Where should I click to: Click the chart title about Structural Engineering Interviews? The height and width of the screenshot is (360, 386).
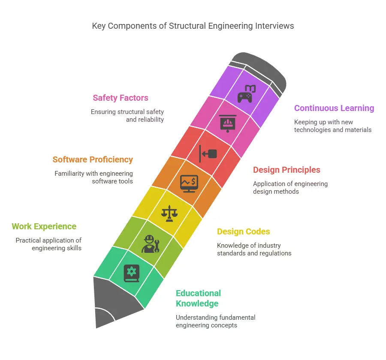pyautogui.click(x=193, y=26)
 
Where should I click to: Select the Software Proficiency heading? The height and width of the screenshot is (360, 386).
pyautogui.click(x=93, y=159)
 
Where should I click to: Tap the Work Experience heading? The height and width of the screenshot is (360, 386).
pyautogui.click(x=44, y=226)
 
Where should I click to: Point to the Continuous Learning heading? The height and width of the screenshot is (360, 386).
pyautogui.click(x=334, y=108)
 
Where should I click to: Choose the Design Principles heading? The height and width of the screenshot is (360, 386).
pyautogui.click(x=286, y=170)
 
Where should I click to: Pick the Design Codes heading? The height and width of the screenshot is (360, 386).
pyautogui.click(x=243, y=231)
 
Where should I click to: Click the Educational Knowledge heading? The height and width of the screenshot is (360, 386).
pyautogui.click(x=198, y=298)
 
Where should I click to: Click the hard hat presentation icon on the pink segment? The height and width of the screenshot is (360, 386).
pyautogui.click(x=227, y=123)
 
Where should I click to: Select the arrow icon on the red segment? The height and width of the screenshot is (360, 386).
pyautogui.click(x=208, y=153)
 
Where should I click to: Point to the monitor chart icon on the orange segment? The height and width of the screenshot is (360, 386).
pyautogui.click(x=189, y=183)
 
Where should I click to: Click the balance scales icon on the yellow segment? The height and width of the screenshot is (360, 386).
pyautogui.click(x=169, y=213)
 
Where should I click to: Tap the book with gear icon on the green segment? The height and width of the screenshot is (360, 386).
pyautogui.click(x=131, y=273)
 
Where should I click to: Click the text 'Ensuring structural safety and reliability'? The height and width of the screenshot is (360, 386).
pyautogui.click(x=127, y=116)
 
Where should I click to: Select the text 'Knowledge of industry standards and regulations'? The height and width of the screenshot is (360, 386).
pyautogui.click(x=254, y=249)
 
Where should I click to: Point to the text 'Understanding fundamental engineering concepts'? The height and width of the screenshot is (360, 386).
pyautogui.click(x=215, y=321)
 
